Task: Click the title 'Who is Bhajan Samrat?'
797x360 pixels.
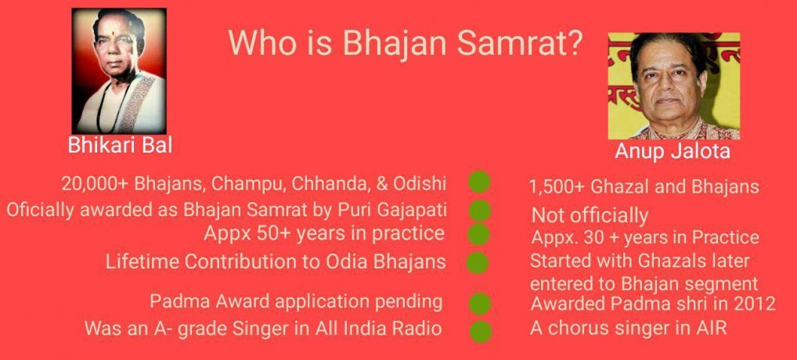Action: (405, 42)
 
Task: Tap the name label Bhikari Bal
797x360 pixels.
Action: (120, 146)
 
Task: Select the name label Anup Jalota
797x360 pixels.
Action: (672, 151)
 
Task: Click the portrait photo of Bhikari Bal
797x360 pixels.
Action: (120, 71)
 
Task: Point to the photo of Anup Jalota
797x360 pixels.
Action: (673, 86)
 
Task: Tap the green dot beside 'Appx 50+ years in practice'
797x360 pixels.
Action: (478, 235)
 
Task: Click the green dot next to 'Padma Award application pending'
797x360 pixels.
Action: (479, 304)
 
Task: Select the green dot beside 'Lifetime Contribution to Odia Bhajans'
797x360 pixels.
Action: (478, 263)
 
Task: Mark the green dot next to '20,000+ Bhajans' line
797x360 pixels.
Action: (479, 182)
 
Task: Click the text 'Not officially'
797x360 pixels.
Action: (590, 216)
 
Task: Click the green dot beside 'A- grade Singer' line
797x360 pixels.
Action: (480, 332)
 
